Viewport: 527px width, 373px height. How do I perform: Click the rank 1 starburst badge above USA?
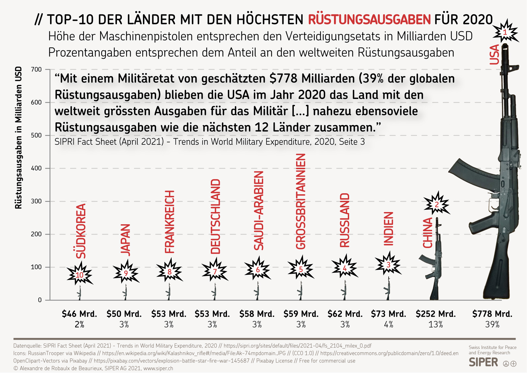(x=505, y=32)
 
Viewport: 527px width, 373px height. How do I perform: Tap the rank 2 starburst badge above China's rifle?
(x=436, y=204)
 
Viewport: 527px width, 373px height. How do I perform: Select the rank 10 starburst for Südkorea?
(x=80, y=275)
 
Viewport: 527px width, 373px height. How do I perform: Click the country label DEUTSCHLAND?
(x=215, y=216)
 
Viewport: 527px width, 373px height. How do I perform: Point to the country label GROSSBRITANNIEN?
(x=301, y=201)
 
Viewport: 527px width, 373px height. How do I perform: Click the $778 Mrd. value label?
(x=492, y=314)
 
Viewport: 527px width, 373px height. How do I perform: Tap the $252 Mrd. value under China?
(x=435, y=314)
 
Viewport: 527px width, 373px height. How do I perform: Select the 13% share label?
(x=435, y=325)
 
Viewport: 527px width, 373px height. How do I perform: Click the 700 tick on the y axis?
(x=37, y=70)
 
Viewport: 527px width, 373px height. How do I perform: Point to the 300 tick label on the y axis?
(x=37, y=201)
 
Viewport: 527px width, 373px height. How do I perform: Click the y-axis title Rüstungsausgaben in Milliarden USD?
(x=18, y=138)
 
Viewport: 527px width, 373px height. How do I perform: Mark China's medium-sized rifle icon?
(x=435, y=261)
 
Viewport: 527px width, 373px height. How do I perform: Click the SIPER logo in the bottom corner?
(x=484, y=362)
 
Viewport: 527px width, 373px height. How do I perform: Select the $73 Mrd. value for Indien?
(x=388, y=314)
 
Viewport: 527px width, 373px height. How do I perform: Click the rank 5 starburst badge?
(x=301, y=269)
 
